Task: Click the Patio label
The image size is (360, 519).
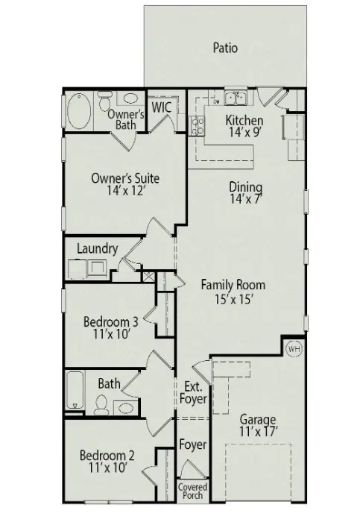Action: (225, 48)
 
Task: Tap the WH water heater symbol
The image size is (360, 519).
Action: (294, 349)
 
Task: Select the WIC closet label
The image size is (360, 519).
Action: (162, 107)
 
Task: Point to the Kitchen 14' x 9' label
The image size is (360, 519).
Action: (244, 127)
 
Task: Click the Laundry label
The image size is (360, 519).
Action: (97, 248)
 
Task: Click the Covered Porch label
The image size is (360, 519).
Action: (192, 491)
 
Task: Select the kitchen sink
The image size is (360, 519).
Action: (237, 97)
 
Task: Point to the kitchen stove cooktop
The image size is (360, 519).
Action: (199, 128)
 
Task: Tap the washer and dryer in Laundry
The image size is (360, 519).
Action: (86, 269)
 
